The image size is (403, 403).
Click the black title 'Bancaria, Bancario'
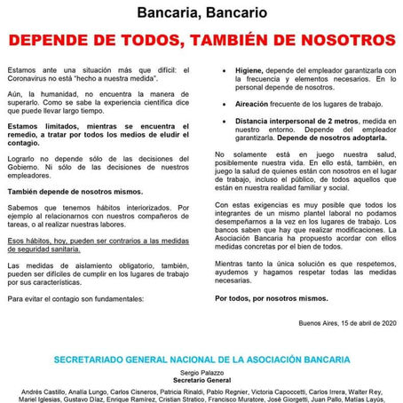point(201,12)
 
